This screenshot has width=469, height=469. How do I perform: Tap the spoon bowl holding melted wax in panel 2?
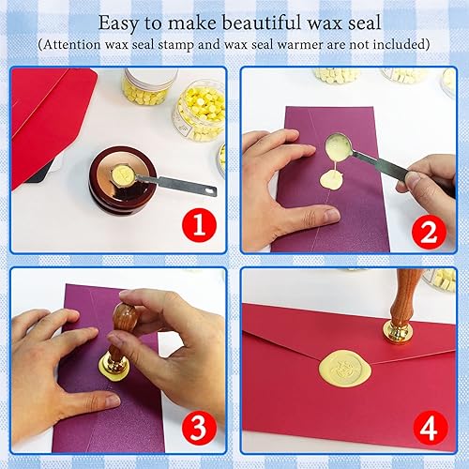tap(336, 145)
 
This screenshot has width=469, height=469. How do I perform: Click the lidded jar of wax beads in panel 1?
tap(148, 84)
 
